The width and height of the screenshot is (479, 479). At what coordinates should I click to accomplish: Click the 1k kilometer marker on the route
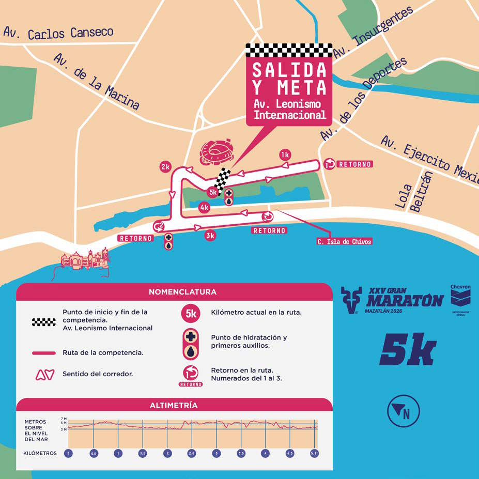pos(285,154)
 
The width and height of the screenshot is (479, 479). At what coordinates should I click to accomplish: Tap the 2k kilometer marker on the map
pos(165,167)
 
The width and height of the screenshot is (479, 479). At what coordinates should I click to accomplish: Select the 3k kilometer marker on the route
pos(210,236)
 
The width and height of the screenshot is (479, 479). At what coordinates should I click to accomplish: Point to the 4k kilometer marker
pos(204,208)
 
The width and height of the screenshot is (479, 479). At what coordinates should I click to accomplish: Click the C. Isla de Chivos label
pos(344,241)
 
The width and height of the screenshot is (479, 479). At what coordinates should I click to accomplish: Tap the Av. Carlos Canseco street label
pos(58,33)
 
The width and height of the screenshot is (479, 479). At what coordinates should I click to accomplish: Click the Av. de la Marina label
pos(97,82)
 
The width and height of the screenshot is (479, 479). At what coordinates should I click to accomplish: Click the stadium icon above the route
pos(217,153)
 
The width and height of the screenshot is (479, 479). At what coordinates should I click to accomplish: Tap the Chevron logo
pos(460,298)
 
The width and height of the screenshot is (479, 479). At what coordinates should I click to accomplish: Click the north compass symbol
pos(403,411)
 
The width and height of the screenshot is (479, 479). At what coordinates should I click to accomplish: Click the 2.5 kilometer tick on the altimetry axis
pos(191,453)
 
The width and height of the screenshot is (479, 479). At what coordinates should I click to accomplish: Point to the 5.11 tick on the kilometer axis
pos(314,453)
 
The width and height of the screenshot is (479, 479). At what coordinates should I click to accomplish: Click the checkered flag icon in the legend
pos(43,322)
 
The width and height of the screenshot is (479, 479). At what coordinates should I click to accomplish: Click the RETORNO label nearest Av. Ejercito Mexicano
pos(354,164)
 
